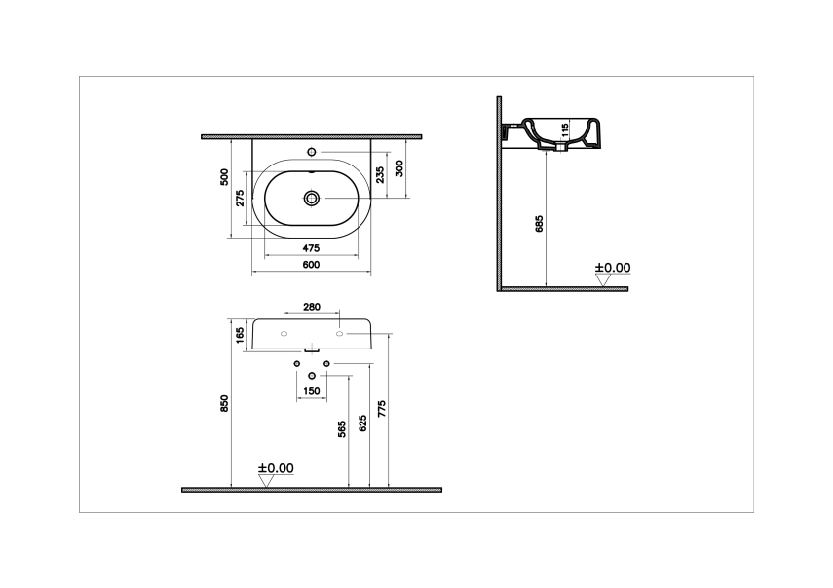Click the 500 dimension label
[x=224, y=177]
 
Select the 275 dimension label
[x=240, y=198]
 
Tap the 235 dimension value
[x=380, y=173]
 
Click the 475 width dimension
[x=312, y=248]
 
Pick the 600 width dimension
[x=311, y=265]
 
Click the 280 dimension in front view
[x=312, y=307]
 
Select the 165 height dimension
[x=240, y=334]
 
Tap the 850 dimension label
[x=224, y=404]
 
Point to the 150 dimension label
[x=311, y=391]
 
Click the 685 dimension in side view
[x=539, y=224]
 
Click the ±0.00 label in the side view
[x=614, y=267]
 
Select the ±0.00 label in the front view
[x=276, y=468]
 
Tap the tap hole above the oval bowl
[x=312, y=153]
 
